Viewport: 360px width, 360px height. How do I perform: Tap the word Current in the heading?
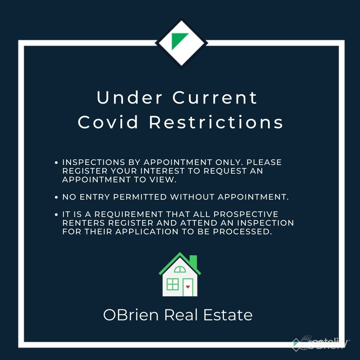tap(215, 98)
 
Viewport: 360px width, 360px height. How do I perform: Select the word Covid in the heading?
tap(108, 122)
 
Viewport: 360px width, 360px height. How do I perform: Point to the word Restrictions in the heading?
tap(216, 122)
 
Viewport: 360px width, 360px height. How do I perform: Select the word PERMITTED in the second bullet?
tap(140, 197)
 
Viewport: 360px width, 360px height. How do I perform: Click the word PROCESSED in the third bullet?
tap(242, 232)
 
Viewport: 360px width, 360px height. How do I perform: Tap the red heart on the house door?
tap(188, 287)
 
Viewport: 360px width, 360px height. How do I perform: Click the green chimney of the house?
tap(193, 261)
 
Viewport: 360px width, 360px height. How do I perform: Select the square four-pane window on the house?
tap(173, 284)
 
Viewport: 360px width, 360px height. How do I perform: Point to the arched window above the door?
tap(180, 269)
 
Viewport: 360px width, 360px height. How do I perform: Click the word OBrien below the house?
tap(131, 315)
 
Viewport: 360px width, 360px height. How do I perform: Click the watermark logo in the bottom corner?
tap(320, 343)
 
